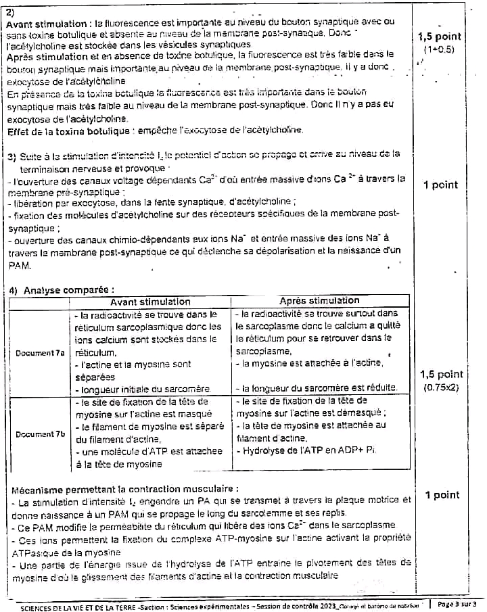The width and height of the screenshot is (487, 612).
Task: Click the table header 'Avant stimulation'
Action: [150, 302]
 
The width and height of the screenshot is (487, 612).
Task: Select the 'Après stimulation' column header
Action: [319, 301]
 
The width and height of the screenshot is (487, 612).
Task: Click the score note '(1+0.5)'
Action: [439, 50]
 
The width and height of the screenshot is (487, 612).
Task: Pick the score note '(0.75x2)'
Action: [441, 388]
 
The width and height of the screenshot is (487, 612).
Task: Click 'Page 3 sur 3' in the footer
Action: [458, 604]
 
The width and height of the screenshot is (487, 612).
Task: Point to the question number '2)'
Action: [10, 11]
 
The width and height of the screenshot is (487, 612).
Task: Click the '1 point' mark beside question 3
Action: [440, 185]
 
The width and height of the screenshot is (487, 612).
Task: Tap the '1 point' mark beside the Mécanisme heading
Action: [441, 496]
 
